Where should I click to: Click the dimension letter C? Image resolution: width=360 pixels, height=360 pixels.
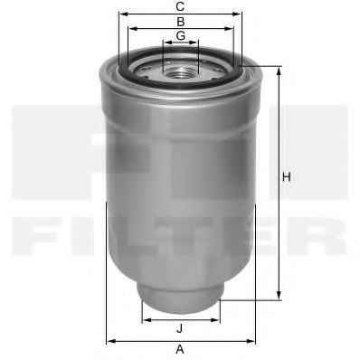click(x=180, y=6)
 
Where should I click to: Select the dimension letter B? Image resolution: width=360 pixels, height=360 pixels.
click(x=181, y=22)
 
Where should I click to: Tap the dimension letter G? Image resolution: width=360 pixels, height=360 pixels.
click(x=181, y=35)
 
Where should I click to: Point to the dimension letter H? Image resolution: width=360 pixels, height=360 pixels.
click(x=287, y=176)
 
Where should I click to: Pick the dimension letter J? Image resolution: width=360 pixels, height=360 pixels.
click(x=180, y=328)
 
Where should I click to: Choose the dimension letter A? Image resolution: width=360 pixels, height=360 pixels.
click(x=180, y=350)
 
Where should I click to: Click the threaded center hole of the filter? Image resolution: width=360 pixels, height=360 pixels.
click(x=180, y=72)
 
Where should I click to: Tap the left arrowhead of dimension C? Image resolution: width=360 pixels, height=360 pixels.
click(x=124, y=14)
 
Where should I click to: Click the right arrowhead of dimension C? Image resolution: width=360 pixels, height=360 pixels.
click(x=237, y=14)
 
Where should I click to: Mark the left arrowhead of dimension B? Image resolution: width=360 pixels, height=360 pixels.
click(x=133, y=29)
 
